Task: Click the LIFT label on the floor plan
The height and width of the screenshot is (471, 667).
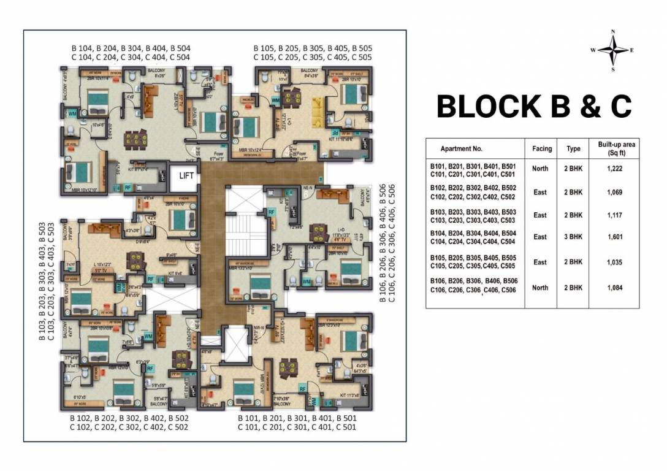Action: pyautogui.click(x=186, y=175)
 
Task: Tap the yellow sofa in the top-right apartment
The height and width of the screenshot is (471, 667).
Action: pyautogui.click(x=318, y=108)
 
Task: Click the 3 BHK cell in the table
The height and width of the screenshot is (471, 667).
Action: pyautogui.click(x=574, y=237)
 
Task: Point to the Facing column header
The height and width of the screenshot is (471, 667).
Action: pyautogui.click(x=541, y=148)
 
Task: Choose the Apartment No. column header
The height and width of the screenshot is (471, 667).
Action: pyautogui.click(x=462, y=149)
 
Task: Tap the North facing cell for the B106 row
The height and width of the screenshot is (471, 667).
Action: pyautogui.click(x=540, y=288)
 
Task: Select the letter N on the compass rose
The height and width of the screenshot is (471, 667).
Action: pyautogui.click(x=612, y=32)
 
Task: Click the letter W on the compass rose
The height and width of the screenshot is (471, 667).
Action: pyautogui.click(x=593, y=51)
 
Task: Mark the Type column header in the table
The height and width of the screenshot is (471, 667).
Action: pyautogui.click(x=573, y=149)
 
